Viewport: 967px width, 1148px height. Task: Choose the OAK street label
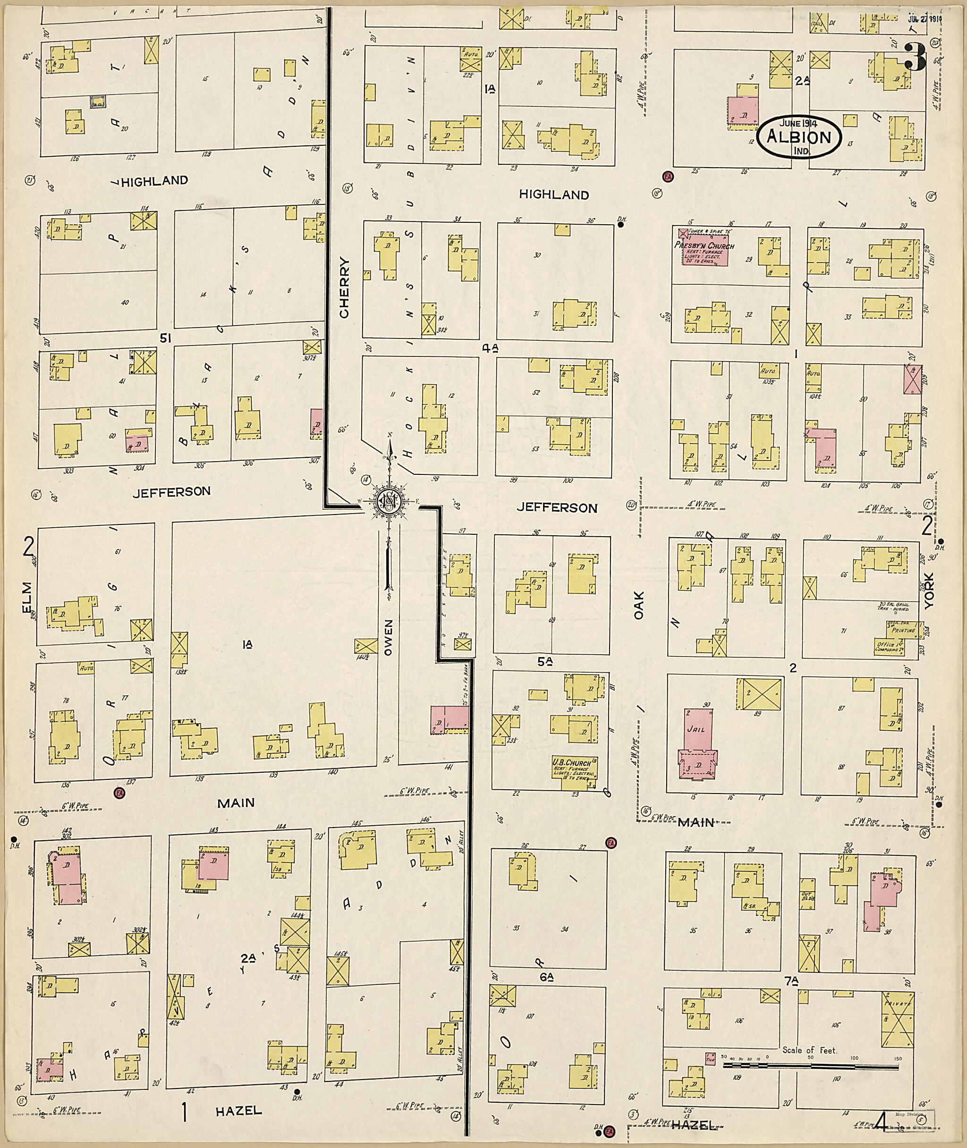click(639, 605)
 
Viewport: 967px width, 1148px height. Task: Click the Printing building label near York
click(902, 631)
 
